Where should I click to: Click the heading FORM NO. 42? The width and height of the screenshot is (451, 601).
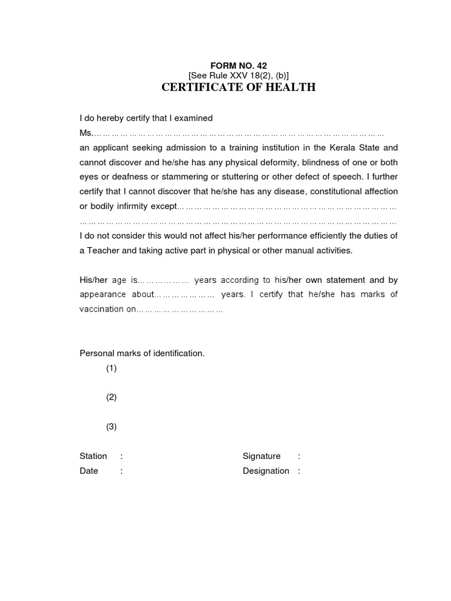[x=238, y=66]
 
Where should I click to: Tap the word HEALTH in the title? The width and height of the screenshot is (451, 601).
[x=288, y=87]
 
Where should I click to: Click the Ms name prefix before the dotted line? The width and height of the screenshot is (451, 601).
[x=86, y=133]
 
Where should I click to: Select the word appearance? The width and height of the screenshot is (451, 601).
[x=103, y=294]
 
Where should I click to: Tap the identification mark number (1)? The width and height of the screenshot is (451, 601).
[x=112, y=368]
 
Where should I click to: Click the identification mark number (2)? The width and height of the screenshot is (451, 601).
[x=112, y=397]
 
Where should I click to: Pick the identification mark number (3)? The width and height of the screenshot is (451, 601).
[x=112, y=427]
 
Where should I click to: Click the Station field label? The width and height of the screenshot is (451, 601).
[x=93, y=456]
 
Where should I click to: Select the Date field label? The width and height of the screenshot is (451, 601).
[x=89, y=471]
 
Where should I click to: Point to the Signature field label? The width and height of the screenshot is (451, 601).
[x=261, y=456]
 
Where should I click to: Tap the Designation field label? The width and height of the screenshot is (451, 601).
[x=266, y=471]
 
